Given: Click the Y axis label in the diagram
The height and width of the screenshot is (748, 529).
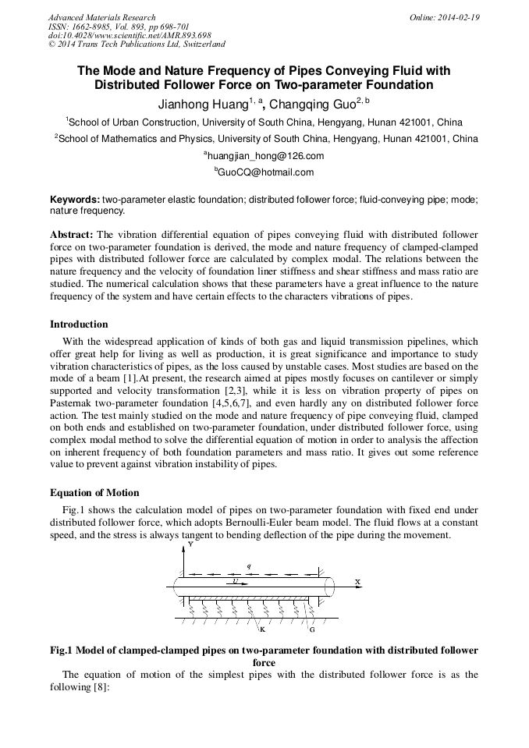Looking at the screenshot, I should pyautogui.click(x=191, y=544).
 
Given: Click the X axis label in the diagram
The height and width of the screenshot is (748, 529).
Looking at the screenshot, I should pyautogui.click(x=357, y=582).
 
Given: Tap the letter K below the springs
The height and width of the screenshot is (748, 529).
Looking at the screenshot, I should pyautogui.click(x=262, y=629).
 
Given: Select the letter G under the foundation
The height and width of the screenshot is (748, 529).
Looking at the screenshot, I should pyautogui.click(x=312, y=629).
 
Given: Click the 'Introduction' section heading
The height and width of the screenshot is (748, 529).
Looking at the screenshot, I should pyautogui.click(x=79, y=324).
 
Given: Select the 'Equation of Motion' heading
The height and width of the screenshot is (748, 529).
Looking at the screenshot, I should pyautogui.click(x=94, y=492).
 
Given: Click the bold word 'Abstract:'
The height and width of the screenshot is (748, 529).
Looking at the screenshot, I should pyautogui.click(x=72, y=234).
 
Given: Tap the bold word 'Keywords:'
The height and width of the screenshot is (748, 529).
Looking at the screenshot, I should pyautogui.click(x=75, y=200).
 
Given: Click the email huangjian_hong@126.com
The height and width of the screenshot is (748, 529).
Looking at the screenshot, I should pyautogui.click(x=265, y=156).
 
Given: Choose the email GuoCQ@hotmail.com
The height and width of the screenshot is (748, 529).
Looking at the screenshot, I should pyautogui.click(x=264, y=172).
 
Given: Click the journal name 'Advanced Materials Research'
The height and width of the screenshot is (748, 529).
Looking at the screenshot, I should pyautogui.click(x=101, y=17).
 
